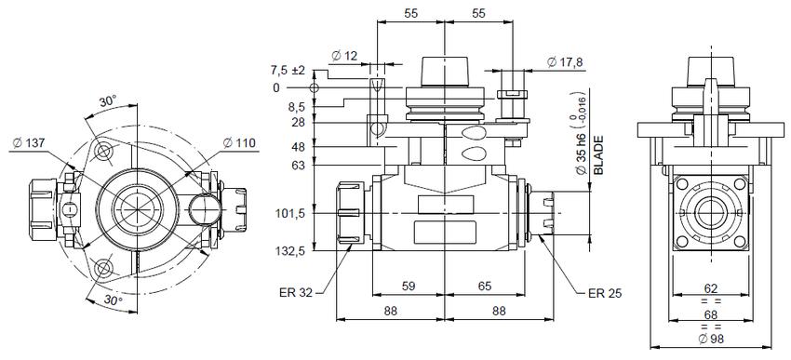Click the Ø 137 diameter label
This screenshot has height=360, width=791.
pos(29,143)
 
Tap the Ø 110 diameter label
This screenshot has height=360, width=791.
pos(239,143)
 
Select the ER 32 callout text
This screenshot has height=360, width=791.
pos(295,292)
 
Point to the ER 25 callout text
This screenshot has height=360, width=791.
pos(606,293)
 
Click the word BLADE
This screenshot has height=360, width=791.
pos(598,154)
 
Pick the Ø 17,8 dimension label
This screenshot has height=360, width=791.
pos(565,62)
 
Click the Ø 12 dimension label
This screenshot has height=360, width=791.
pos(344,56)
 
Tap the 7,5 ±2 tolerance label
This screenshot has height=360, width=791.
pos(288,70)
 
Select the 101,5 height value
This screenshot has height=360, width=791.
pos(290,213)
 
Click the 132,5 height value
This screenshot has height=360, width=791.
pos(290,251)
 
